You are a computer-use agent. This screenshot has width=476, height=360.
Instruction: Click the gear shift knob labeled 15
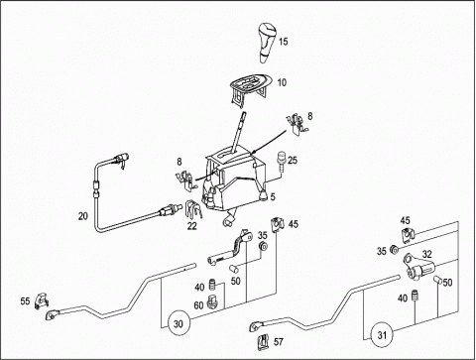pos(268,43)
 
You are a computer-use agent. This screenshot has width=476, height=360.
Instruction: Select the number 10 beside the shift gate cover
pos(282,82)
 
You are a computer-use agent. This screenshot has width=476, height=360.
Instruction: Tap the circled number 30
pos(178,323)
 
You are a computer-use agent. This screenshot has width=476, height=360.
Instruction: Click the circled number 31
pos(382,335)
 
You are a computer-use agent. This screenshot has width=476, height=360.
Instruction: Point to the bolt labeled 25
pos(282,161)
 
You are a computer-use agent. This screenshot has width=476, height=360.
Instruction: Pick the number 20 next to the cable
pos(83,216)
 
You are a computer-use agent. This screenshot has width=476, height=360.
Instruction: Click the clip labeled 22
pos(193,209)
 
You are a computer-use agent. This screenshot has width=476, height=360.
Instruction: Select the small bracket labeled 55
pos(42,300)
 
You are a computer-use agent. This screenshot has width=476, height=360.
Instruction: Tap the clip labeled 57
pos(264,342)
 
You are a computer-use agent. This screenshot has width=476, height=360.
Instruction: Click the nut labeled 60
pos(211,302)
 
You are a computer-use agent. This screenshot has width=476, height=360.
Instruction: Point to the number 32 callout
pos(426,254)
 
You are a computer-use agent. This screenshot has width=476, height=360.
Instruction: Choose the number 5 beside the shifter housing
pos(273,197)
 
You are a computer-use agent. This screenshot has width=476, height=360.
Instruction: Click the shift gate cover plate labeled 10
pos(250,88)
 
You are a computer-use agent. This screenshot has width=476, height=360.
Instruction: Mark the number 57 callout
pos(279,342)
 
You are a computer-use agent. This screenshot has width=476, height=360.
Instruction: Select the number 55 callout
pos(25,301)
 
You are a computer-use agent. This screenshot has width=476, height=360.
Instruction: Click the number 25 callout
pos(293,161)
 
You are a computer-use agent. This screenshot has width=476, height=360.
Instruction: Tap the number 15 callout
pos(284,42)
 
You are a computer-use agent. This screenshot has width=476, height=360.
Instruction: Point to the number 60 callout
pos(198,305)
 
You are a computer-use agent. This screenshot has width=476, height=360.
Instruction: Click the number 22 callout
pos(192,226)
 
